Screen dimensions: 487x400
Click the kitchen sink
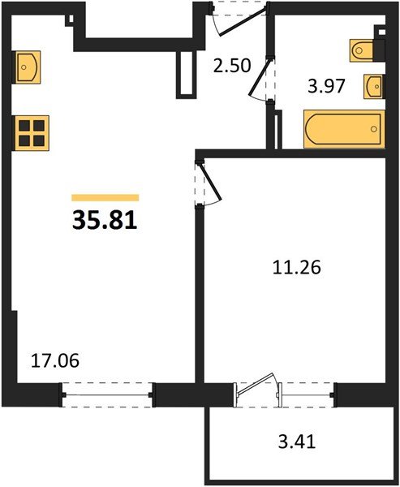28,65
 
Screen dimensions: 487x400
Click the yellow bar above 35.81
105,197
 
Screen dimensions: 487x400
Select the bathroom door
261,80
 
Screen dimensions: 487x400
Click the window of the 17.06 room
108,395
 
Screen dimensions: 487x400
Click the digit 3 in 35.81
80,220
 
